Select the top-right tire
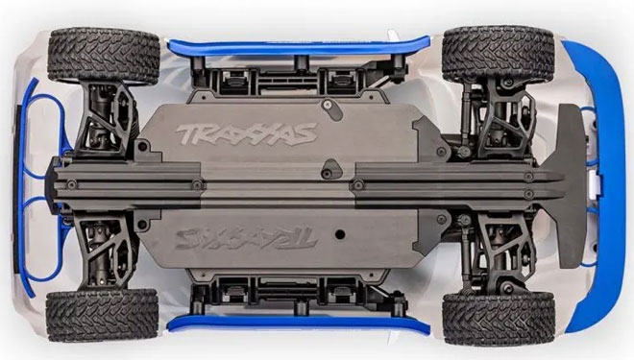point(498,54)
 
